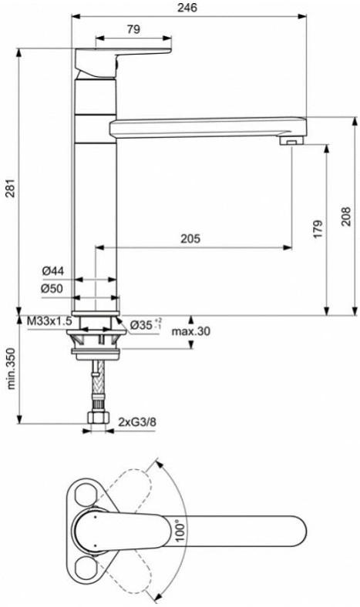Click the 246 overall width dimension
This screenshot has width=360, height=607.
[x=187, y=7]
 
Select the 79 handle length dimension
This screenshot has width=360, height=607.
[x=133, y=29]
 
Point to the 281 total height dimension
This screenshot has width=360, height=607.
[x=10, y=188]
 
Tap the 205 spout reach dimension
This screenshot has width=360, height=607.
[x=190, y=239]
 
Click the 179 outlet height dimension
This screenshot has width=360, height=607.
[x=318, y=230]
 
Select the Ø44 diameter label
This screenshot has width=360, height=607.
[x=53, y=271]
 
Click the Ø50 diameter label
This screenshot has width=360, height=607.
[x=52, y=289]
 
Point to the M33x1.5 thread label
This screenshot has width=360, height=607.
[x=49, y=320]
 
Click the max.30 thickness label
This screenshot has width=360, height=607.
[x=191, y=331]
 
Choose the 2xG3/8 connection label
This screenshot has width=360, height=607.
[x=137, y=421]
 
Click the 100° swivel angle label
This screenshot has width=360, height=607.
[x=180, y=532]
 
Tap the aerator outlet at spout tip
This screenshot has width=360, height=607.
[x=293, y=139]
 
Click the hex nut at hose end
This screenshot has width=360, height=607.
[x=99, y=418]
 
